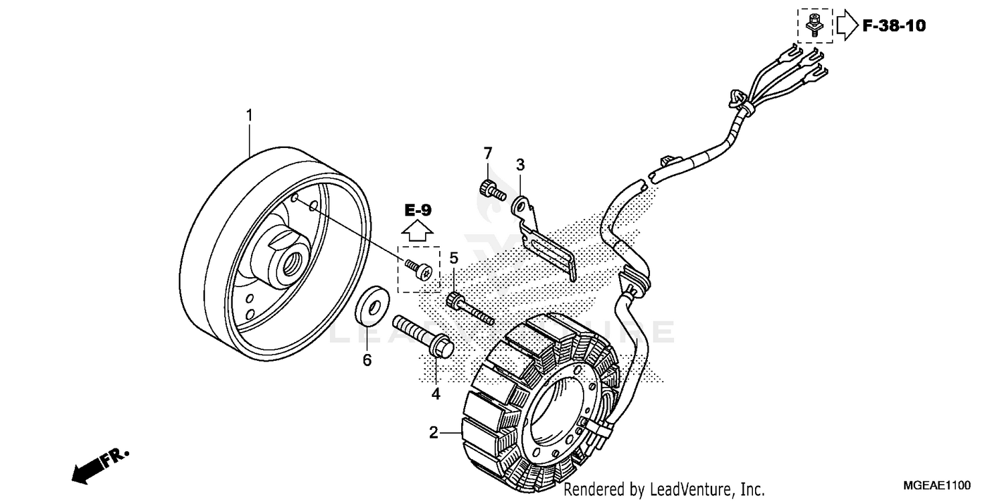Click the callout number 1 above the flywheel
point(250,116)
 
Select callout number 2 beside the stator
point(434,433)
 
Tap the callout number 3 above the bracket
point(520,164)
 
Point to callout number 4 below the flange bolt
point(436,395)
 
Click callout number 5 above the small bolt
point(454,258)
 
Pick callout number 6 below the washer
point(367,360)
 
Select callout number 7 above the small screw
point(488,153)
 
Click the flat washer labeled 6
point(370,305)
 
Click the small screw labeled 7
point(491,189)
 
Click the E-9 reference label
point(418,210)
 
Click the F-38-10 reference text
point(894,26)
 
